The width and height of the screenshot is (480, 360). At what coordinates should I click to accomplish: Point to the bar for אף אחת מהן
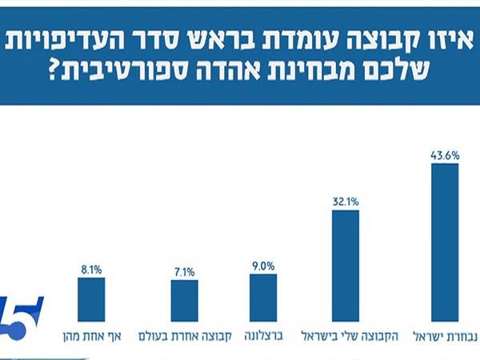[x=90, y=299]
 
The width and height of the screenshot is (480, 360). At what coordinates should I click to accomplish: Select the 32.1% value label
[x=346, y=202]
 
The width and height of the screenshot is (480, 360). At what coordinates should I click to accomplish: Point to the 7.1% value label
[x=184, y=272]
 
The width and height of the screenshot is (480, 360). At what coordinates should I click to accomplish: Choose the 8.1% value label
[x=90, y=270]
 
